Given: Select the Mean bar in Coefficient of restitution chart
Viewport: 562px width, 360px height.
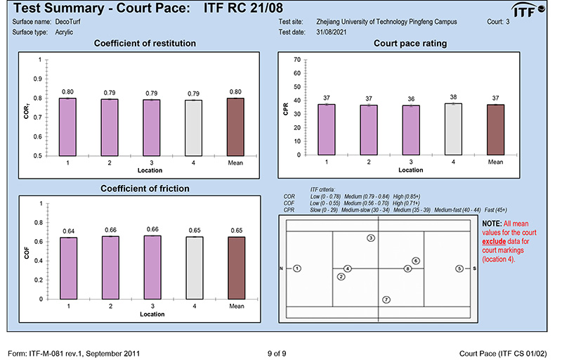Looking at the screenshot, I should [x=237, y=127].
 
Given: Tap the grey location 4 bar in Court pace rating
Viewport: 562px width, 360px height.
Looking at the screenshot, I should [x=454, y=129].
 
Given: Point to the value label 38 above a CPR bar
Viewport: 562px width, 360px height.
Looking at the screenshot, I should [x=454, y=97].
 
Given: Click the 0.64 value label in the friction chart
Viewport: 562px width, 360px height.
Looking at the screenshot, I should [x=68, y=231].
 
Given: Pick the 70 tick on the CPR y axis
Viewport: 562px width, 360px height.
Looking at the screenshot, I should [x=298, y=60].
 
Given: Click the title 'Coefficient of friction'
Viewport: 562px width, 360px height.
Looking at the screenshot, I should [x=145, y=188].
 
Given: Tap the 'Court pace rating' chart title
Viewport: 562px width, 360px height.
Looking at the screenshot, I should [x=411, y=44].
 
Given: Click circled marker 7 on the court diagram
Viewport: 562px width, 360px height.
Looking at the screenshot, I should [x=386, y=300].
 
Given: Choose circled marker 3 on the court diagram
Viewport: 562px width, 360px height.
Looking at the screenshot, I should [x=371, y=239].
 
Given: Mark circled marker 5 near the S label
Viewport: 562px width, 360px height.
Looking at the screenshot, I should [x=459, y=269].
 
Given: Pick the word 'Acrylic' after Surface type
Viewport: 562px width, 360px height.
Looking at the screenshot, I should [x=65, y=32].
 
